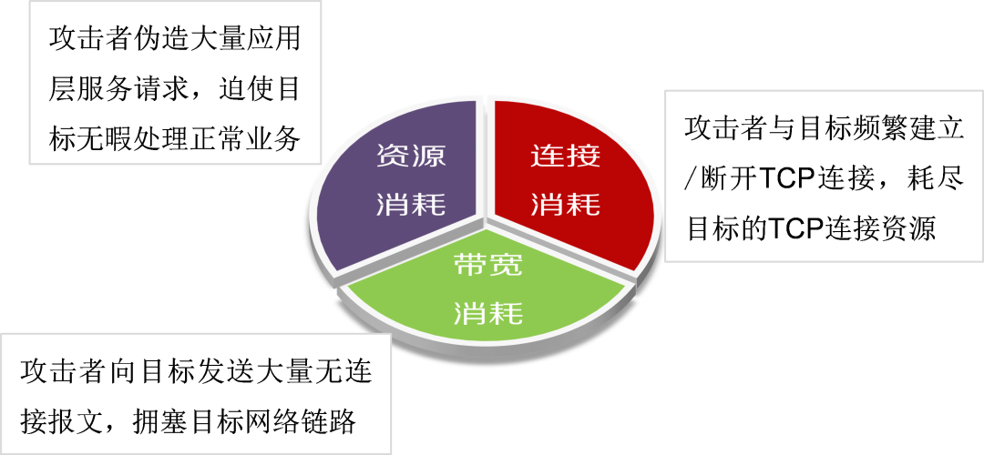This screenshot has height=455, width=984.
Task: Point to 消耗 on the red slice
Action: (x=566, y=204)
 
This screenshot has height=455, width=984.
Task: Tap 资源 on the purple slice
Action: (x=411, y=156)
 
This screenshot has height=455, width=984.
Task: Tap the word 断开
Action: (x=727, y=178)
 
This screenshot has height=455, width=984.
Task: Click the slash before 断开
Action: (x=692, y=178)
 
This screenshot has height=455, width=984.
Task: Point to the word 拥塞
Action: (x=159, y=420)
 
